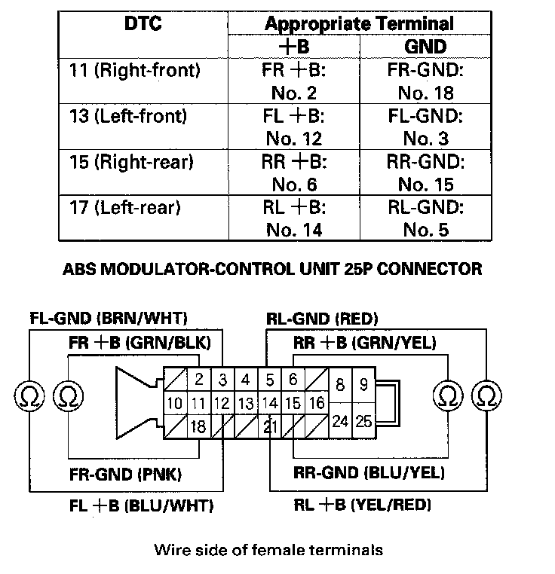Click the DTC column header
tap(143, 24)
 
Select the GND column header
tap(426, 46)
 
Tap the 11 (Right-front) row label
tap(136, 72)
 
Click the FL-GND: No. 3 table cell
tap(426, 127)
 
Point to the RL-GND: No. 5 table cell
tap(426, 218)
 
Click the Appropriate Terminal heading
tap(360, 23)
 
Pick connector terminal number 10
tap(174, 404)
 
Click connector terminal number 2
tap(199, 380)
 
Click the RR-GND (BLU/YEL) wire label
tap(369, 474)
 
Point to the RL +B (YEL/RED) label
tap(363, 505)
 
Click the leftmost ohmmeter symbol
tap(29, 394)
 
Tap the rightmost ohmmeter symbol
tap(486, 394)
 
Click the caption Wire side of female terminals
tap(268, 550)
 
